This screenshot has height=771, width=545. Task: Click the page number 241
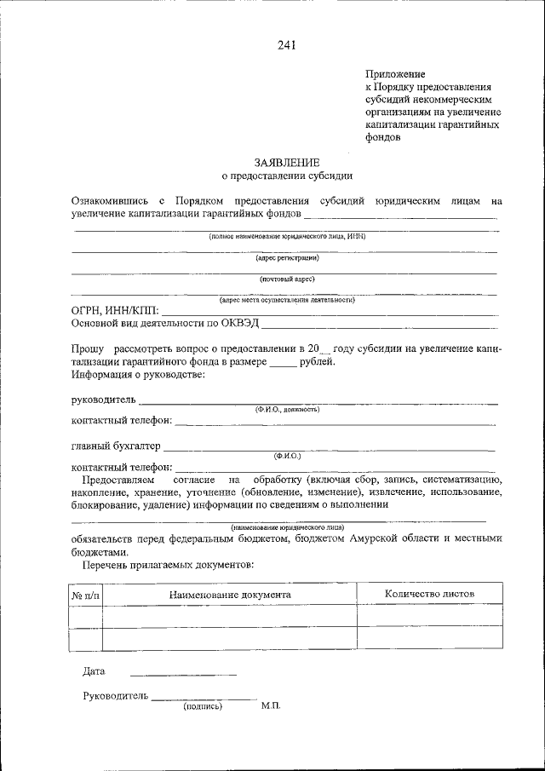click(286, 45)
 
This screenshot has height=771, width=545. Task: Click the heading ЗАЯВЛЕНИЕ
click(286, 162)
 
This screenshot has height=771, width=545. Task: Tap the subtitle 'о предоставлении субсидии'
click(286, 176)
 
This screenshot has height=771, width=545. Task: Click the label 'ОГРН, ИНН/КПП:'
click(116, 311)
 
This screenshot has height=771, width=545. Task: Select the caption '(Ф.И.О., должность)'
click(287, 409)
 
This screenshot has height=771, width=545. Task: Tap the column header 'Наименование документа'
click(230, 595)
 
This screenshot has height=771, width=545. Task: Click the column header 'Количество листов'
click(429, 594)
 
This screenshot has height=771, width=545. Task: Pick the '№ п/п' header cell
click(85, 595)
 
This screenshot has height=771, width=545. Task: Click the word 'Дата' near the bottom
click(94, 671)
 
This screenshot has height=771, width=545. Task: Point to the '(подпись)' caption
click(203, 706)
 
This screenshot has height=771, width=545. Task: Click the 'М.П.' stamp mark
click(271, 706)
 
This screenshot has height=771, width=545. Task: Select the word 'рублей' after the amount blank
click(318, 361)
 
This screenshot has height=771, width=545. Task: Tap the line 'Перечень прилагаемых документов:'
click(168, 565)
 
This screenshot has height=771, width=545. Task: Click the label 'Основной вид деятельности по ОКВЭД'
click(164, 324)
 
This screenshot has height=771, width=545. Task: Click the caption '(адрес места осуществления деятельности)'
click(287, 300)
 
